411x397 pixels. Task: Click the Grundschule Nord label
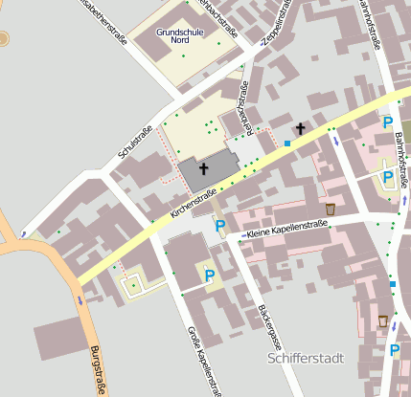(175, 36)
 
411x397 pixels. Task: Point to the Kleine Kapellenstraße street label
(286, 229)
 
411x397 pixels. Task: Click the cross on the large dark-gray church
(203, 169)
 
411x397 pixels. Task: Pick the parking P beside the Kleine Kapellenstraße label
(220, 227)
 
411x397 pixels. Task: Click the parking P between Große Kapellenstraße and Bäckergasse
(209, 276)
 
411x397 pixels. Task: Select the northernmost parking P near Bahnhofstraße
(387, 122)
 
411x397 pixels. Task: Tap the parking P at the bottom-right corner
(394, 350)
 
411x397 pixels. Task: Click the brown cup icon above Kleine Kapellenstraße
(331, 209)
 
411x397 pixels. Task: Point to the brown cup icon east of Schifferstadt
(383, 320)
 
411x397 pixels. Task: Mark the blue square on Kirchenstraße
(286, 143)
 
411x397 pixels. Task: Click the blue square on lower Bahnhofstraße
(392, 284)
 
